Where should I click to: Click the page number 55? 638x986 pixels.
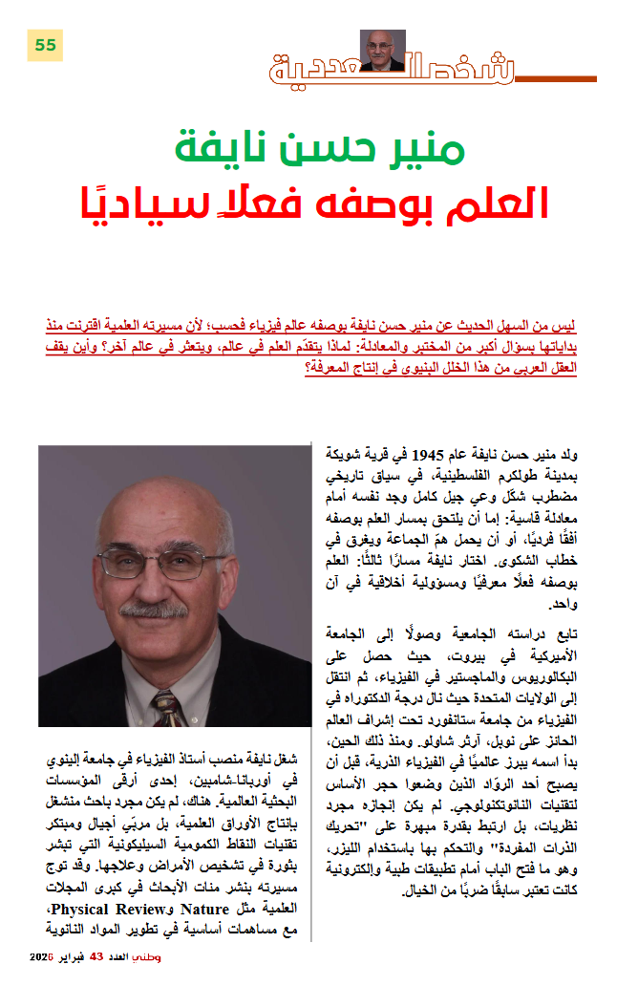pos(45,44)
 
